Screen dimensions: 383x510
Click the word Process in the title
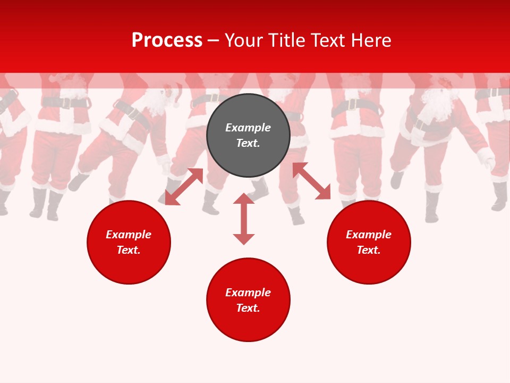167,40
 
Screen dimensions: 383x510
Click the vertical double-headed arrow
244,219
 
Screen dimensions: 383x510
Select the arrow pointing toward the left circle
184,187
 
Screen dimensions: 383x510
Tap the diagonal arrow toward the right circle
312,181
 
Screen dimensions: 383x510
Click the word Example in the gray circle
248,128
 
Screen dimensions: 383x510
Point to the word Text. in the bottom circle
248,308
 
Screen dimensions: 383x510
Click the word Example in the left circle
129,235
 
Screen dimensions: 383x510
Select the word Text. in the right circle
369,250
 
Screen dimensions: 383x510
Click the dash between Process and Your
213,41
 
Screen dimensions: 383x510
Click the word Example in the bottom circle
248,293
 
